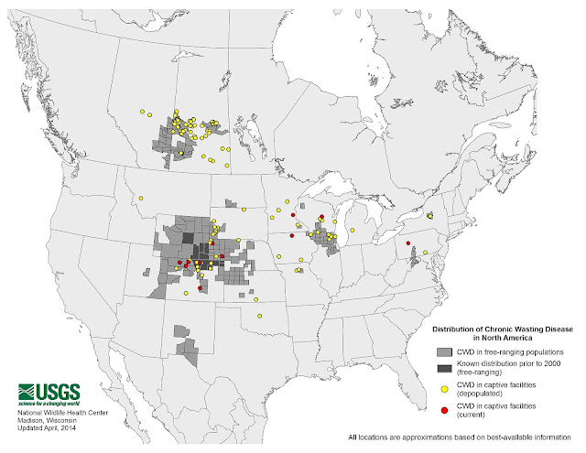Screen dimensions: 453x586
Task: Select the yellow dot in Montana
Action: pyautogui.click(x=142, y=197)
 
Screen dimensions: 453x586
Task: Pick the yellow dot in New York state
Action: pyautogui.click(x=429, y=217)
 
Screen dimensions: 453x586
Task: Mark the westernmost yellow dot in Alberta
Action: pyautogui.click(x=143, y=113)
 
